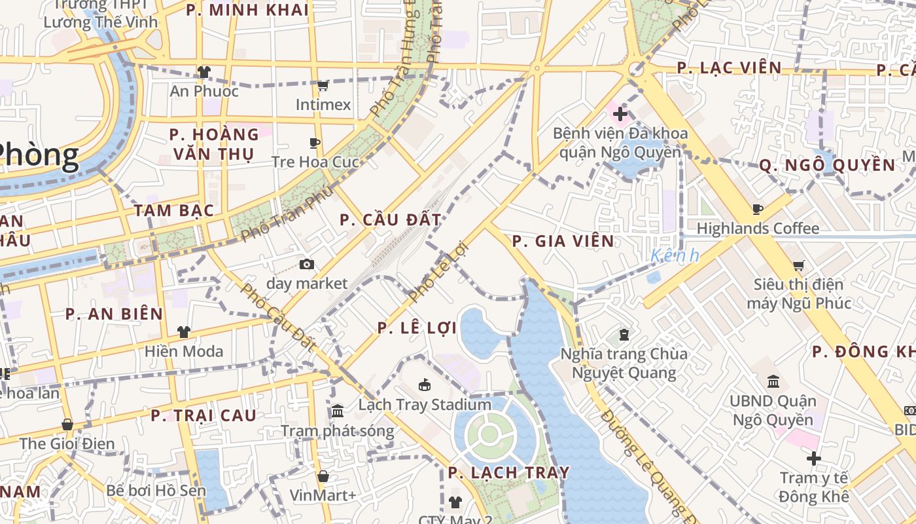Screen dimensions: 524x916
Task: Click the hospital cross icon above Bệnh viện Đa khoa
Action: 620,115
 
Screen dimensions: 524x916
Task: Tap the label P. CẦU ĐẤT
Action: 391,220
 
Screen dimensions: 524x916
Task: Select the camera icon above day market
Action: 306,265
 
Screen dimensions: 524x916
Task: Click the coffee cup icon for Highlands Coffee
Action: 758,210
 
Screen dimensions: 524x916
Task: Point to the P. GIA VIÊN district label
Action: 563,241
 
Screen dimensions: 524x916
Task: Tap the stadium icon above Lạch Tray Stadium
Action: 425,384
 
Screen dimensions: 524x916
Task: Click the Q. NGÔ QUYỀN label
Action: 827,165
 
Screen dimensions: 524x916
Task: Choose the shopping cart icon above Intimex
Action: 323,86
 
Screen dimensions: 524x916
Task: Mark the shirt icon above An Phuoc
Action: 204,71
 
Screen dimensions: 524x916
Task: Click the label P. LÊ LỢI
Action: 417,328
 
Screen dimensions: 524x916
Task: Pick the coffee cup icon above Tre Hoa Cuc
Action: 315,143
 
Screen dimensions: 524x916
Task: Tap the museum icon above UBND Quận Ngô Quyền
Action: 773,381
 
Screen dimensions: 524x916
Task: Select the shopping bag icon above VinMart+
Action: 323,476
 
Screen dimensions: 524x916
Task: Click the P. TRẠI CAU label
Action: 203,415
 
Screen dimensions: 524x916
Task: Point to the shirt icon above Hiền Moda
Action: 184,332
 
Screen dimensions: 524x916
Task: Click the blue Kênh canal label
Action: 675,256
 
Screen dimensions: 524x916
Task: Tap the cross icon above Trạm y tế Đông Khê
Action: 814,458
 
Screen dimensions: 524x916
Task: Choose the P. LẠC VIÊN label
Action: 729,67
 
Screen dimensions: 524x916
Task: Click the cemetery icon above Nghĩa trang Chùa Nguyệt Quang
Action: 624,335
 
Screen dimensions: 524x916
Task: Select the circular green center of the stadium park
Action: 489,434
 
